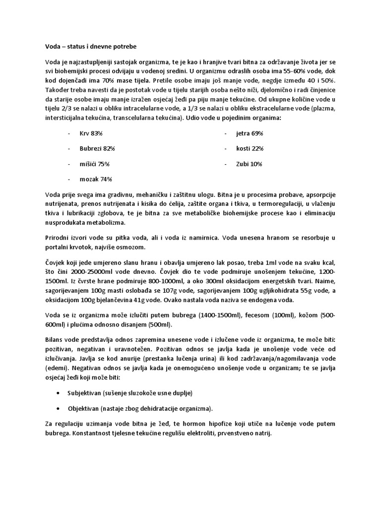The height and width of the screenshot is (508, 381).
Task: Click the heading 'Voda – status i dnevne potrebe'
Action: coord(90,47)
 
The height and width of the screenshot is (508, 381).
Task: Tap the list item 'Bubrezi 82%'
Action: coord(97,148)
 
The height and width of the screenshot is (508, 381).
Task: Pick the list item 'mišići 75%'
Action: coord(94,163)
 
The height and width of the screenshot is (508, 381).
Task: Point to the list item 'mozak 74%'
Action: coord(95,179)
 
